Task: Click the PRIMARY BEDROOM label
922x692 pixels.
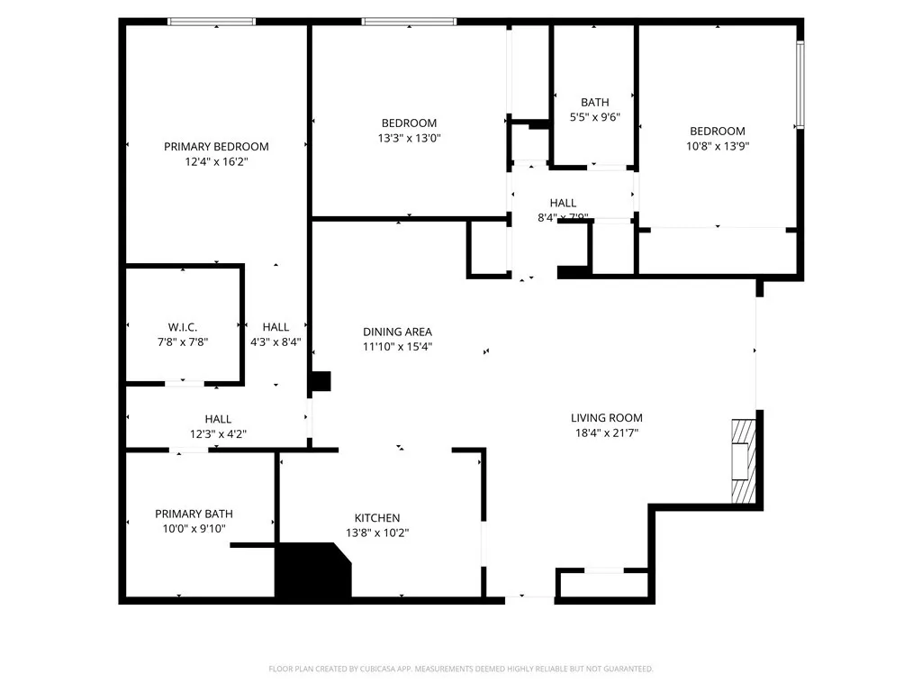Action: click(216, 147)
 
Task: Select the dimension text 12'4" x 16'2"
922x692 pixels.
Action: click(216, 162)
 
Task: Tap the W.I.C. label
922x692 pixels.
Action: click(182, 326)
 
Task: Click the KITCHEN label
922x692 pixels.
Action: click(376, 517)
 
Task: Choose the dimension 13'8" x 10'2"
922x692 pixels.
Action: click(376, 533)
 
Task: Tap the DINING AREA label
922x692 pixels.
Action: click(397, 332)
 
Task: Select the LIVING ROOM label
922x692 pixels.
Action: click(606, 417)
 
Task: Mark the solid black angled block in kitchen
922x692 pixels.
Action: click(311, 572)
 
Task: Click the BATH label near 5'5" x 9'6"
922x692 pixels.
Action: click(594, 103)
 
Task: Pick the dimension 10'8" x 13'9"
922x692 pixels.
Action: click(717, 146)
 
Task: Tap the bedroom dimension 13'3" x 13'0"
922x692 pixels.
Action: click(409, 139)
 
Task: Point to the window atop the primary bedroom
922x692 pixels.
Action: click(212, 22)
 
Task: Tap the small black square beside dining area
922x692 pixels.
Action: click(321, 381)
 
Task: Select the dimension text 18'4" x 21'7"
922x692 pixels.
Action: click(606, 432)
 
